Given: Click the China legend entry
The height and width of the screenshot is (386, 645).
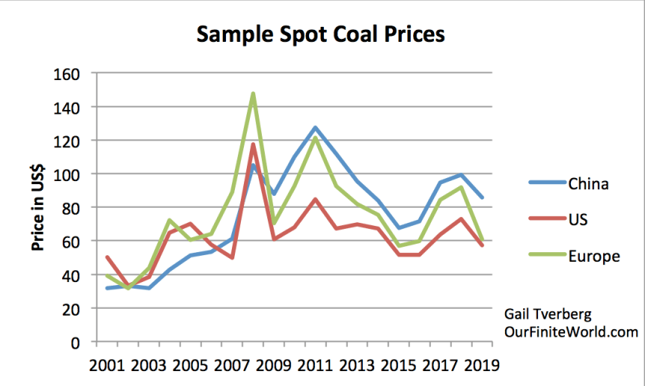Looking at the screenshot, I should click(x=589, y=183).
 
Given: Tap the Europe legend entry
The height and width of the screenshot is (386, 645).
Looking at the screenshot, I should click(x=594, y=256).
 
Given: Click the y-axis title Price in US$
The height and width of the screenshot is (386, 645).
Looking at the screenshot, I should click(x=38, y=207).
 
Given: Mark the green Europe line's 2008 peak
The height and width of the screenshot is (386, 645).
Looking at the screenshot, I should click(x=253, y=94).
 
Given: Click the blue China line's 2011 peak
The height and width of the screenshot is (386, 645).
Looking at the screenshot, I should click(x=316, y=128).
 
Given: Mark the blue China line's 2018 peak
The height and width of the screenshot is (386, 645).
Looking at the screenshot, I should click(x=462, y=175).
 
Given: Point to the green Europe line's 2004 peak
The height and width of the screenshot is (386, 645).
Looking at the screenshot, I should click(x=170, y=220).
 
